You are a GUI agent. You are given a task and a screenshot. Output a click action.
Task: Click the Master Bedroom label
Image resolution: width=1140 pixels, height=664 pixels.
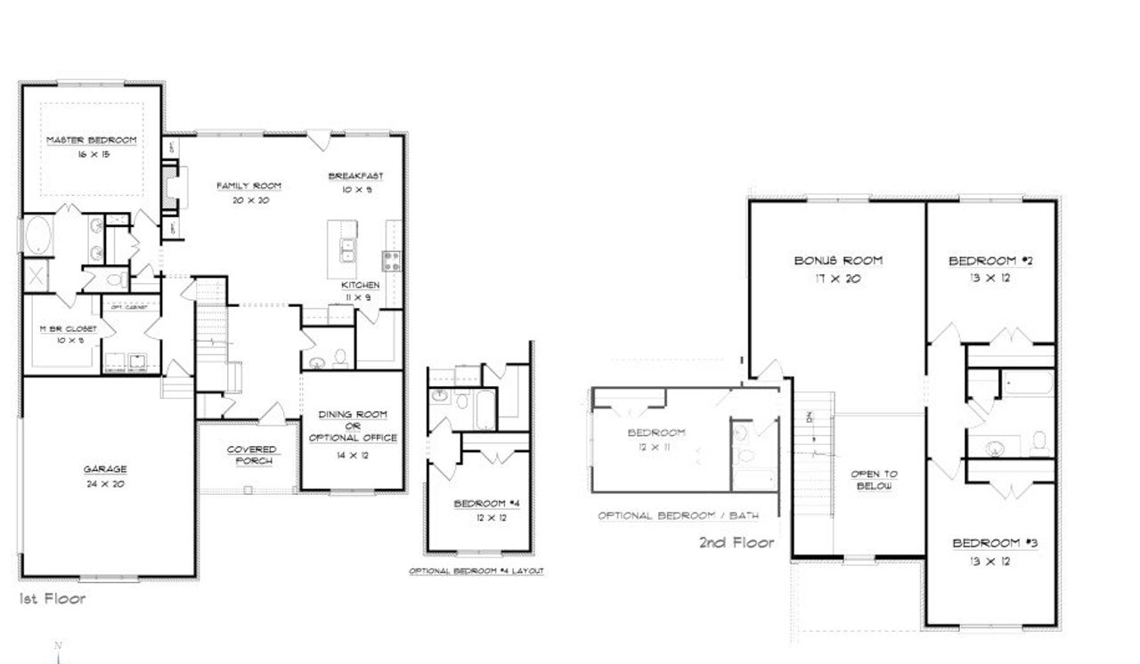coord(91,141)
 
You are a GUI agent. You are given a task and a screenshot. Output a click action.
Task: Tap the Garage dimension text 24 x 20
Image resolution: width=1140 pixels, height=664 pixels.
coord(105,485)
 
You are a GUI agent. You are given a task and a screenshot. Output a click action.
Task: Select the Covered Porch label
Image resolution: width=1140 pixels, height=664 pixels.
coord(251,455)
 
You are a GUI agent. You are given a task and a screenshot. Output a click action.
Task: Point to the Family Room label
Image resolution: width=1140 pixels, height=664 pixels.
coord(249,186)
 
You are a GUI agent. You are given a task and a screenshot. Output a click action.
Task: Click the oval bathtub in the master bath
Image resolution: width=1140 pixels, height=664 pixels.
coord(38,237)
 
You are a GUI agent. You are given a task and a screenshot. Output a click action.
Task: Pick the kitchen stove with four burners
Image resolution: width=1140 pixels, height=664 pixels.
coord(391,260)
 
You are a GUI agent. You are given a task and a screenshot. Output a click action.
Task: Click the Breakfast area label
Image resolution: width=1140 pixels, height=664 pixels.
coord(355,176)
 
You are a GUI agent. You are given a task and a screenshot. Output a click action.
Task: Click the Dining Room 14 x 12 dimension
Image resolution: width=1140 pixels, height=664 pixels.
coord(352,455)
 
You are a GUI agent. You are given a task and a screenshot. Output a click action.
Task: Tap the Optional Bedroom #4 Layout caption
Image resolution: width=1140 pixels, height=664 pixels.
coord(476,571)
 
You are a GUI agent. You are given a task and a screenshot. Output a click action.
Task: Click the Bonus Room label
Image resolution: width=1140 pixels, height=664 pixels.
coord(838,261)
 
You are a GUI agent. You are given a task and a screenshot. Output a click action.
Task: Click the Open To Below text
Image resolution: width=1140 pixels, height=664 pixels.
coord(873,480)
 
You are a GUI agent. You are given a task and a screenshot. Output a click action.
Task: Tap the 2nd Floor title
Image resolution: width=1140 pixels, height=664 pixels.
coord(736,542)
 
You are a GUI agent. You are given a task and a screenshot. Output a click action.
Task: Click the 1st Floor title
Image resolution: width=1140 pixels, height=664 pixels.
coord(53,599)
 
